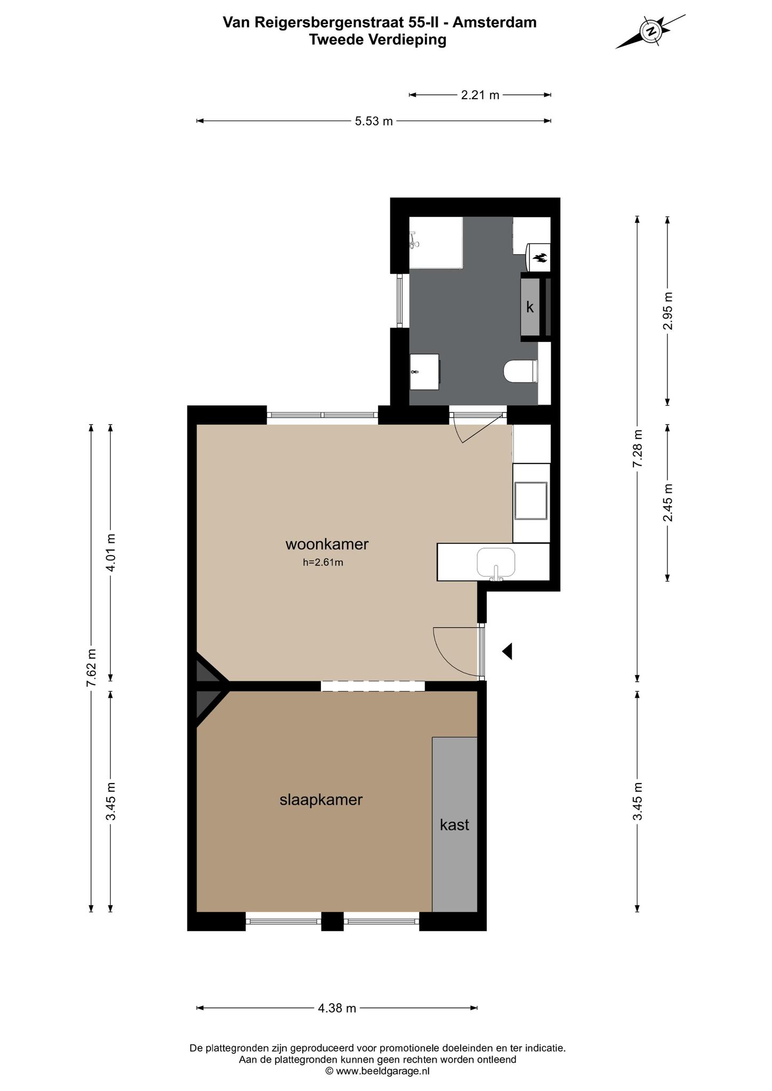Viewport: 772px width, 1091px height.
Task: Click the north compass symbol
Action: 650,31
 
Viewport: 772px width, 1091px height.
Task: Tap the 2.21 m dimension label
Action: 480,95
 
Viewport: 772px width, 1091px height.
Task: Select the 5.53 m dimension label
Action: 374,121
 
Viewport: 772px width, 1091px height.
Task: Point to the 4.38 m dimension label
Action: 337,1008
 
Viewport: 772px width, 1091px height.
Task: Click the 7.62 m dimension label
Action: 92,668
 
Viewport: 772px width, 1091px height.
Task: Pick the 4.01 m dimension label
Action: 111,552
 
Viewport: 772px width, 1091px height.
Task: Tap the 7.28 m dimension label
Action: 637,449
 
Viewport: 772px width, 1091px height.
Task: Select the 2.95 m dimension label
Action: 668,311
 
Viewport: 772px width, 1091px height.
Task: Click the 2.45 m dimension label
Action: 668,502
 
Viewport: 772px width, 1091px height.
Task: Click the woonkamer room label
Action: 327,544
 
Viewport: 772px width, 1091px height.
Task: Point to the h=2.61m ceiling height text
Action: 323,562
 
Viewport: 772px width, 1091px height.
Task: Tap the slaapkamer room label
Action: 321,800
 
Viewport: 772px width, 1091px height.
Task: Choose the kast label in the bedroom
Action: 454,825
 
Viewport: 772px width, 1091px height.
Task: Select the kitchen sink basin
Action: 496,563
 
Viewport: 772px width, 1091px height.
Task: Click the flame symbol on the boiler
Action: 540,258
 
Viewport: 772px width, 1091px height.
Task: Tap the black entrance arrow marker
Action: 507,651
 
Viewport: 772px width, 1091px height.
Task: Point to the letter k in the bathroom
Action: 530,307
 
